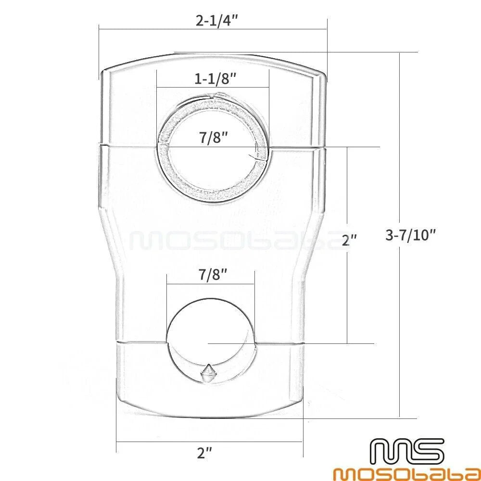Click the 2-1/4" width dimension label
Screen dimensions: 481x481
(x=217, y=21)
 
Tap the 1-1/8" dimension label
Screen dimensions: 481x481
(x=215, y=79)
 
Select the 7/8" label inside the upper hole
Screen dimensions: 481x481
(x=214, y=137)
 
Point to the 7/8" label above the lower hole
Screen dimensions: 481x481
(x=213, y=274)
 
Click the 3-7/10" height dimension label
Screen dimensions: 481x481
(x=410, y=235)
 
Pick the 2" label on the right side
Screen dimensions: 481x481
(x=350, y=240)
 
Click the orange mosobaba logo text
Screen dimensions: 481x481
(x=407, y=472)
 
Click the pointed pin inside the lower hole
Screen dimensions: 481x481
(x=208, y=373)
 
